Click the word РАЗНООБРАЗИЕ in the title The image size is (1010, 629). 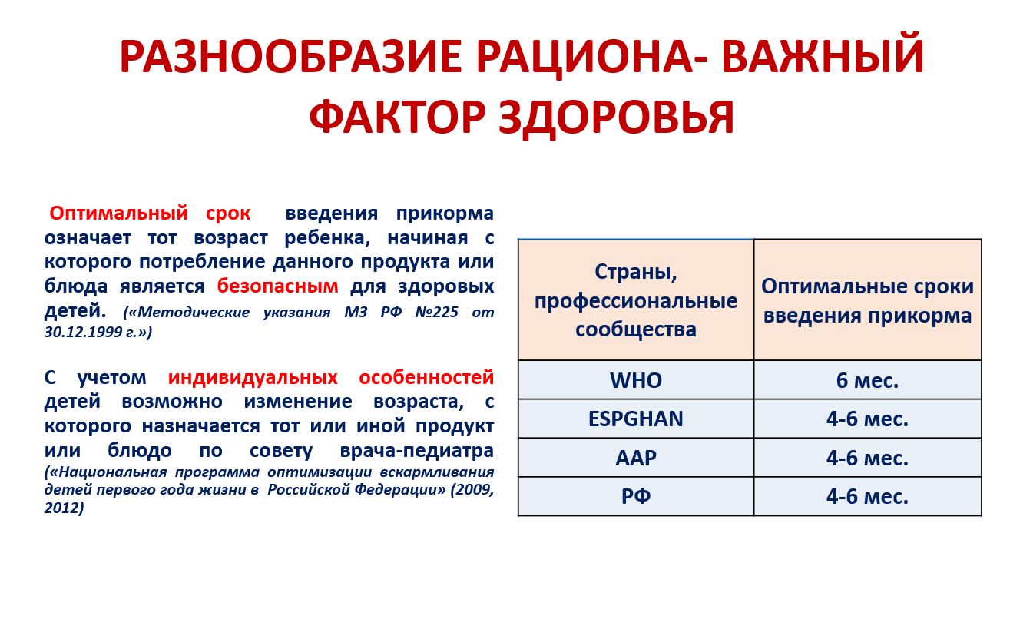pyautogui.click(x=291, y=56)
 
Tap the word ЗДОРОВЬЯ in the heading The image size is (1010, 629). pyautogui.click(x=617, y=118)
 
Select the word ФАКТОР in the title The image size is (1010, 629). pyautogui.click(x=397, y=118)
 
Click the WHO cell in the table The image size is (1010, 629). pyautogui.click(x=636, y=380)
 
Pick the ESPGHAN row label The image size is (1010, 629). pyautogui.click(x=636, y=419)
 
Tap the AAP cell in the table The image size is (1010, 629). pyautogui.click(x=636, y=458)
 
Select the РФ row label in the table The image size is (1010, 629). pyautogui.click(x=636, y=496)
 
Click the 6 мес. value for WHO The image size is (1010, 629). pyautogui.click(x=867, y=380)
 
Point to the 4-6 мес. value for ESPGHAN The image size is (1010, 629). pyautogui.click(x=867, y=419)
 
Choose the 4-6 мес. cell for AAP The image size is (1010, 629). pyautogui.click(x=867, y=458)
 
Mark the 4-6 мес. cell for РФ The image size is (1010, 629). pyautogui.click(x=867, y=496)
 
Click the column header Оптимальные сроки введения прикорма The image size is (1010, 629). pyautogui.click(x=867, y=300)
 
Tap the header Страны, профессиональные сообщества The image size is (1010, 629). pyautogui.click(x=636, y=300)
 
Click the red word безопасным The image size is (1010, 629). pyautogui.click(x=278, y=286)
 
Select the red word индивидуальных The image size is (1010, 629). pyautogui.click(x=253, y=377)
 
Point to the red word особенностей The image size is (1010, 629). pyautogui.click(x=426, y=377)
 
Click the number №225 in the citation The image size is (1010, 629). pyautogui.click(x=437, y=312)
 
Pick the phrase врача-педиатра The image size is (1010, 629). pyautogui.click(x=416, y=451)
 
